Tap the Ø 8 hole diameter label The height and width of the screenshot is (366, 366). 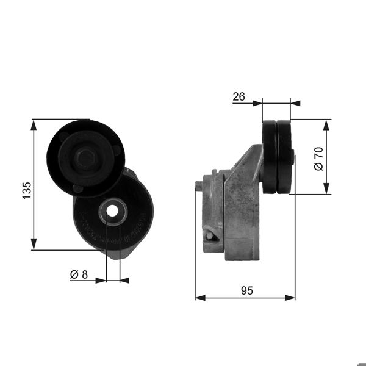79,275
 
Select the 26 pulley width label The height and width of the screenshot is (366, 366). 239,96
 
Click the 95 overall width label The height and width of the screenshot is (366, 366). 246,291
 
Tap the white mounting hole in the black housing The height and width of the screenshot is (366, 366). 113,210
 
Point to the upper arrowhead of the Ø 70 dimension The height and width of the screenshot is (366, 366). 328,124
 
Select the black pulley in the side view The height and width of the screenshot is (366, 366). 278,157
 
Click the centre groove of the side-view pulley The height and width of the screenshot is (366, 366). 277,157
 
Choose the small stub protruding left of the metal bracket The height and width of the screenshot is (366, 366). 199,185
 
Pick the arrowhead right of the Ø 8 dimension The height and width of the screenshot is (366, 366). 124,281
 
